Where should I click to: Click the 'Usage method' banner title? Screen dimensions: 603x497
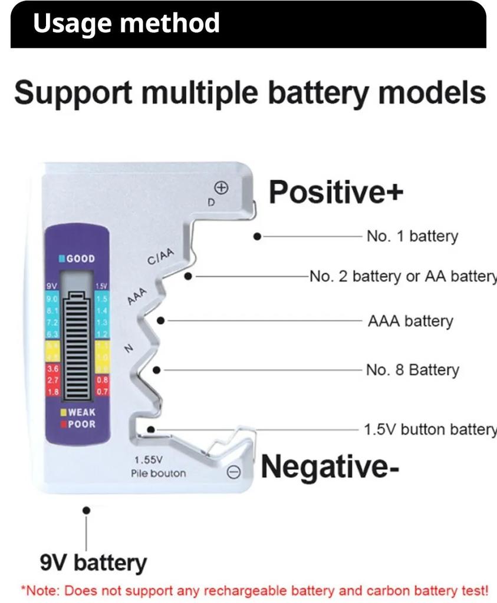[126, 23]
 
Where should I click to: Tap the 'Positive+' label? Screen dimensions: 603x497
[336, 192]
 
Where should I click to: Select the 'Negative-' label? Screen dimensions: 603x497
[330, 466]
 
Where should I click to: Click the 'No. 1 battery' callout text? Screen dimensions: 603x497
[412, 236]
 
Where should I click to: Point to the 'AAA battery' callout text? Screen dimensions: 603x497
[410, 321]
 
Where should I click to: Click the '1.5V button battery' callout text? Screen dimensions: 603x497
[430, 429]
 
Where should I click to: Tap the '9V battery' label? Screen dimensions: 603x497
[93, 562]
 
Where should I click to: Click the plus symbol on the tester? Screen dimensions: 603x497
[221, 188]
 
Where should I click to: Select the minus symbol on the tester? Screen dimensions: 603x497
[233, 472]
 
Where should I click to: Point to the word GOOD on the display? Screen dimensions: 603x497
[80, 259]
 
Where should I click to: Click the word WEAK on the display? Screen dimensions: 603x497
[81, 412]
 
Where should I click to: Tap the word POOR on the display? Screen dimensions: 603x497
[81, 424]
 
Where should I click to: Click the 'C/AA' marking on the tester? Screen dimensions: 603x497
[160, 257]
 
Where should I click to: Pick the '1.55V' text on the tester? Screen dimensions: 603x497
[148, 460]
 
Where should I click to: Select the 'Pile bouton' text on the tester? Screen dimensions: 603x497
[158, 473]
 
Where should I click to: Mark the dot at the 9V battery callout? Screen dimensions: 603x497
[87, 510]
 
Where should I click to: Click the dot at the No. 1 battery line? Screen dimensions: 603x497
[257, 236]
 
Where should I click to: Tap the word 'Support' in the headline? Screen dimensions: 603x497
[73, 93]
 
